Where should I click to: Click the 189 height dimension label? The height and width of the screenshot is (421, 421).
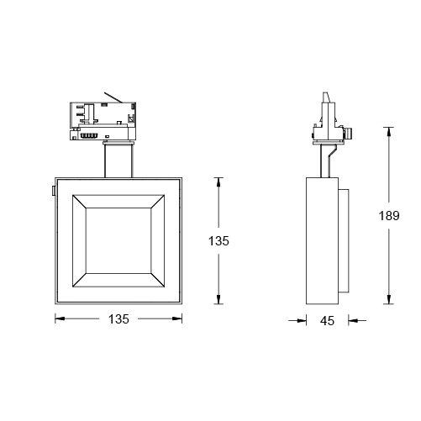(388, 216)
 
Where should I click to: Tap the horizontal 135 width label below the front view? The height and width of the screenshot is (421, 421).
(118, 318)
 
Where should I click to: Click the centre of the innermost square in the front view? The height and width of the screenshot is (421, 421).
(118, 240)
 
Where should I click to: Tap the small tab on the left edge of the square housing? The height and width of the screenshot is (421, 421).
(53, 192)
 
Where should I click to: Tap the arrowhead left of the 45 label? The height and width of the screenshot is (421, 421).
(304, 320)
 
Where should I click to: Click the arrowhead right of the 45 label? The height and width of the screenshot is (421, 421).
(351, 320)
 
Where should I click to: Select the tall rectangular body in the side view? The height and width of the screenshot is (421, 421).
(323, 242)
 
